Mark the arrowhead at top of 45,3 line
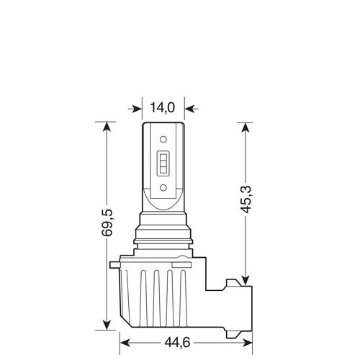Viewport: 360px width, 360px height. (246, 128)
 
